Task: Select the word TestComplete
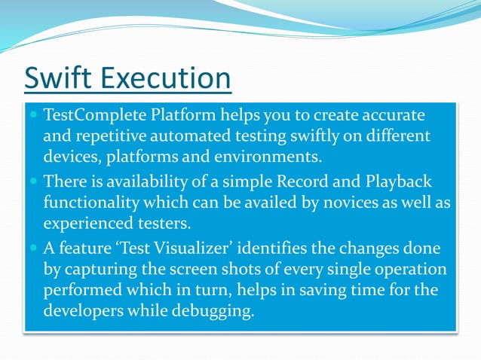[x=91, y=116]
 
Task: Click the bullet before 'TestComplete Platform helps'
[x=34, y=117]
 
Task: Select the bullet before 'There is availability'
[x=34, y=182]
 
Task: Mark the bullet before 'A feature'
[x=34, y=249]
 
